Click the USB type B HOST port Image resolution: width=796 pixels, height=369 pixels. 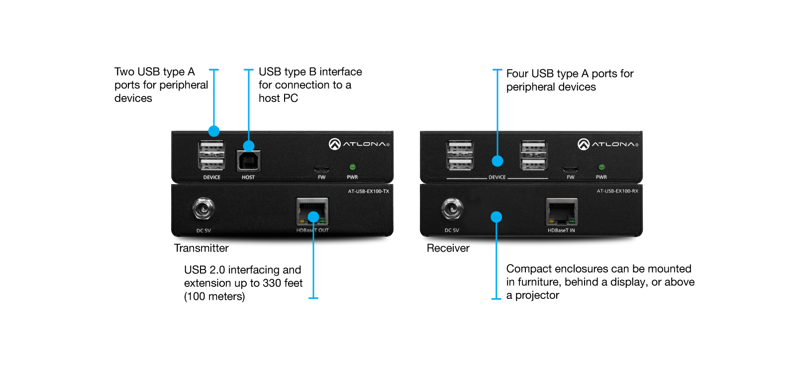[248, 160]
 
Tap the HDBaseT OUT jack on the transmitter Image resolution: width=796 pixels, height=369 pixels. [312, 211]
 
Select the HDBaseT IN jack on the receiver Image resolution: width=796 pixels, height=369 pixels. [562, 211]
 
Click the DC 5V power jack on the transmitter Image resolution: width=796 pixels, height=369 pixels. [203, 209]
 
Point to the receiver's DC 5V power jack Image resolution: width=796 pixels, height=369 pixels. [452, 209]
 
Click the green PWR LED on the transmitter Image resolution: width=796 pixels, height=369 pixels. [353, 167]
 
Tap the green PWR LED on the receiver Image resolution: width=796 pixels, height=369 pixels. [601, 167]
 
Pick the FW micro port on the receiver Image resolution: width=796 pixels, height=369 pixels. [570, 169]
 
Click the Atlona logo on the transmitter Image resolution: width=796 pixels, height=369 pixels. [359, 144]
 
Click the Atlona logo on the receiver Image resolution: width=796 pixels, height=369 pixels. [607, 144]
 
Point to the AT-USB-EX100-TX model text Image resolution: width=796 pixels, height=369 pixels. [368, 191]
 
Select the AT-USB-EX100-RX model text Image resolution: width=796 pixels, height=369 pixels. [617, 191]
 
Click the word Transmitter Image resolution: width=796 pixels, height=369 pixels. [201, 248]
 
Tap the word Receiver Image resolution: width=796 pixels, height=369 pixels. [448, 248]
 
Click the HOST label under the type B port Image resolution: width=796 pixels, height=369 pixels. [248, 178]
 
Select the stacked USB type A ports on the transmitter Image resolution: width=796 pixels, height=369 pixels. [212, 155]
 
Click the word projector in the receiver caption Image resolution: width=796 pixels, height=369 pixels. [537, 295]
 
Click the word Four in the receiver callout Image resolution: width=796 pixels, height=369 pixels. [517, 74]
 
